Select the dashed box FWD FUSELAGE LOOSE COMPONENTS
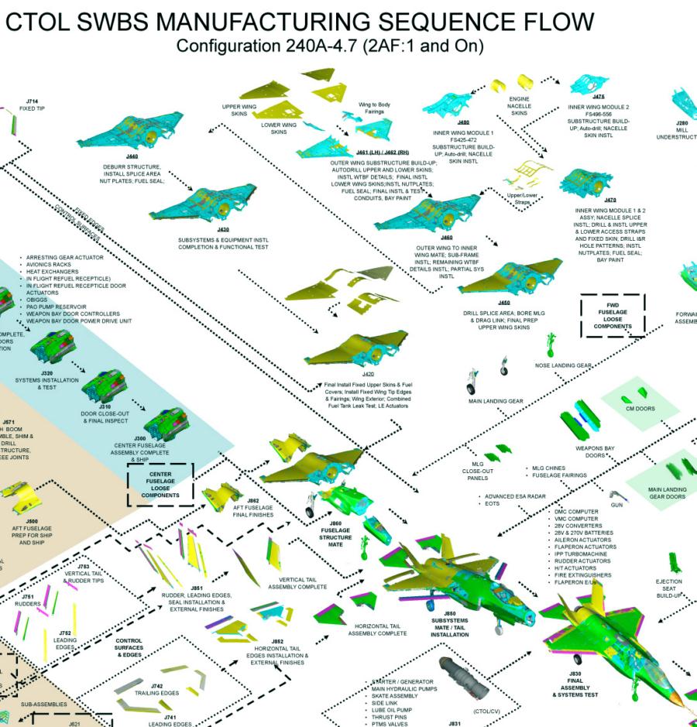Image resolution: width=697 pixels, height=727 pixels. click(x=613, y=315)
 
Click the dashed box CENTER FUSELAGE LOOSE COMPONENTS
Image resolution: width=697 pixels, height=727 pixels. click(x=160, y=484)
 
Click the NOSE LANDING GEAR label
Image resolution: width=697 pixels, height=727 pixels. click(x=564, y=365)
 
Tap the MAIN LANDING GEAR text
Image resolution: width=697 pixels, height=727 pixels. click(x=496, y=401)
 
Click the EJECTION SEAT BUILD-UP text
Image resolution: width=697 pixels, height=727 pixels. click(x=668, y=588)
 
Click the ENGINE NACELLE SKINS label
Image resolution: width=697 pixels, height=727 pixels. click(x=519, y=106)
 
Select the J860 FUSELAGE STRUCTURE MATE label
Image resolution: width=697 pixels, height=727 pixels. click(x=336, y=534)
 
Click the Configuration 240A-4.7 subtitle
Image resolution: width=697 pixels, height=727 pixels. click(x=330, y=47)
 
